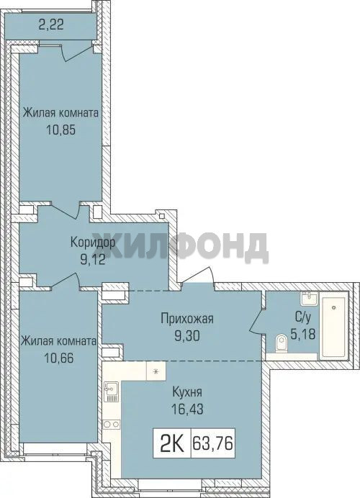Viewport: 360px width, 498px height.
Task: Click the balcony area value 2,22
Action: (x=51, y=24)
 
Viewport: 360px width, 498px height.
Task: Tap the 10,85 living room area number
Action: (x=61, y=130)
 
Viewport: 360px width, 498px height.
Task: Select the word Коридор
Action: (x=92, y=243)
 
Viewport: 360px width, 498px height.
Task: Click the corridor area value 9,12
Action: (x=92, y=260)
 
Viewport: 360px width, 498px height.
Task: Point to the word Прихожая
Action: (x=186, y=319)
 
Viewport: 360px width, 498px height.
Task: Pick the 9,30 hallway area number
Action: (x=186, y=335)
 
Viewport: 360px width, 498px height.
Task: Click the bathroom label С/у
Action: (x=302, y=317)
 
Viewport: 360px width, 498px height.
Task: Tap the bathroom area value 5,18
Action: (x=303, y=334)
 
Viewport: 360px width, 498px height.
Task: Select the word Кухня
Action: (x=186, y=392)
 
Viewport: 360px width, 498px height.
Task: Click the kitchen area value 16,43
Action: (x=186, y=409)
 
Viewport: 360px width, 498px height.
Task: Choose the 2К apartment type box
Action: (x=172, y=443)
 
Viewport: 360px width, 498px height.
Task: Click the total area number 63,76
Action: (x=212, y=443)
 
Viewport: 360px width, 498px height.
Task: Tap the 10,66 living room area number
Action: (x=59, y=358)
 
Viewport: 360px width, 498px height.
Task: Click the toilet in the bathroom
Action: (x=282, y=343)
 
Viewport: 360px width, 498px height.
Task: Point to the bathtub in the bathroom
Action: (x=333, y=327)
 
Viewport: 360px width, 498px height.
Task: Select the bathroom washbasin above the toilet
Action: (x=309, y=299)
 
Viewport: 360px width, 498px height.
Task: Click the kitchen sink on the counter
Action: (x=111, y=391)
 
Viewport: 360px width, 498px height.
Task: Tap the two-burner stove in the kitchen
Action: (x=111, y=425)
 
